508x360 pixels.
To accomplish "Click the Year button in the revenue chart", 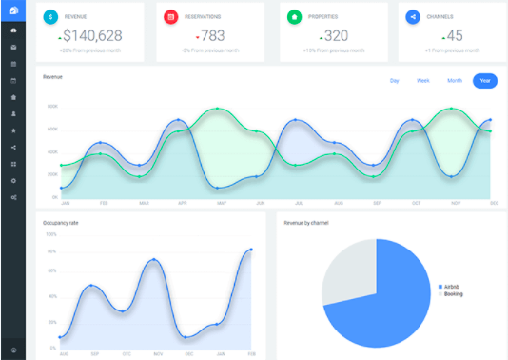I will (x=485, y=80).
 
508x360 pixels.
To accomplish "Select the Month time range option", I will (x=455, y=80).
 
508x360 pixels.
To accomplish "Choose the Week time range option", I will (x=423, y=80).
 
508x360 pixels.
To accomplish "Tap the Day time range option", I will (x=394, y=80).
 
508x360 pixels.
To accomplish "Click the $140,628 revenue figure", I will (x=92, y=36).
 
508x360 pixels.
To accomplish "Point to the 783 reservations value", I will (x=213, y=36).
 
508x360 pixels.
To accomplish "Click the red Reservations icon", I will (x=170, y=17).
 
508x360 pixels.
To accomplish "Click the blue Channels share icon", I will (x=413, y=17).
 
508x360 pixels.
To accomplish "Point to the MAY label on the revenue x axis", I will (x=222, y=203).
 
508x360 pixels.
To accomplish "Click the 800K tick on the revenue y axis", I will (x=52, y=107).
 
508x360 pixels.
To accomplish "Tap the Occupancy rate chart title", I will (x=61, y=222).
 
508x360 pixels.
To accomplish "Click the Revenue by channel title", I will (x=305, y=222).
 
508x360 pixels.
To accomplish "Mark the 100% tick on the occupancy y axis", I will (x=51, y=235).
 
